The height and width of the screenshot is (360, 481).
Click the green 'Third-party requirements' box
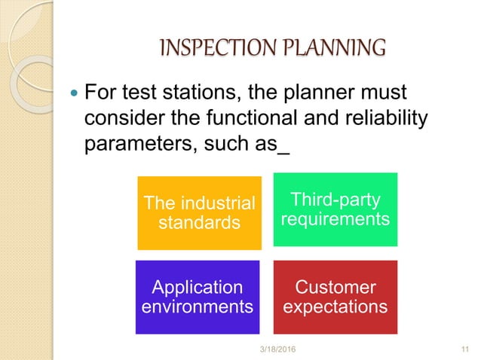(x=334, y=209)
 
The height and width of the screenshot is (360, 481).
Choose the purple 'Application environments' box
(x=198, y=297)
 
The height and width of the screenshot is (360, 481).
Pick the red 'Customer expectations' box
(x=334, y=297)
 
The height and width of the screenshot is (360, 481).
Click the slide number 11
(x=464, y=348)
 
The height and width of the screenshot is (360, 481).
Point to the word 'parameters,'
(x=140, y=143)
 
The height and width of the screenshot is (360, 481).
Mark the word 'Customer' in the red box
(x=334, y=288)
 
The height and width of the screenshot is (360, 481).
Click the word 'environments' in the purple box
(x=198, y=307)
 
